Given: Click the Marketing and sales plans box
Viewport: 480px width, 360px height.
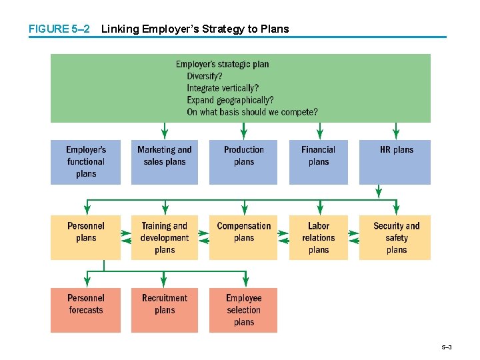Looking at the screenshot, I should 164,161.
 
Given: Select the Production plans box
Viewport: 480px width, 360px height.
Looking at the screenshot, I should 243,161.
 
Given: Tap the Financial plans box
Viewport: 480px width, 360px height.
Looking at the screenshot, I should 318,161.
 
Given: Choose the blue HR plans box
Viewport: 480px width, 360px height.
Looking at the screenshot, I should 396,161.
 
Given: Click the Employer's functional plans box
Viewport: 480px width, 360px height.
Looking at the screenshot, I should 85,161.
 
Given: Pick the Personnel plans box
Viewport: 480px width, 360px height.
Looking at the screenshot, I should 85,237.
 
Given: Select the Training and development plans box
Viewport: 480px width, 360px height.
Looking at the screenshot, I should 164,237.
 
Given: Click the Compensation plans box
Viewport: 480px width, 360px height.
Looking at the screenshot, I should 243,237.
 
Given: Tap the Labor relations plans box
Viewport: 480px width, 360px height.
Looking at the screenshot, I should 318,237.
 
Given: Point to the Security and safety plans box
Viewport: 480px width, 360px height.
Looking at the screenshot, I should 396,237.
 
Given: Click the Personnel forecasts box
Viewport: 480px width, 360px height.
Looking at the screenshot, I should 85,309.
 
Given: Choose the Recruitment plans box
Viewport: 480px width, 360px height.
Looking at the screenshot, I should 164,309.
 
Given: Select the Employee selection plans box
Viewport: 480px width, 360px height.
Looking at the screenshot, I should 243,309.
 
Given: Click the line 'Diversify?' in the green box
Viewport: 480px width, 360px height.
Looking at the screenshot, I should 205,76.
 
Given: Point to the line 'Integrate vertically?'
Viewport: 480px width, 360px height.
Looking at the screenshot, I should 223,88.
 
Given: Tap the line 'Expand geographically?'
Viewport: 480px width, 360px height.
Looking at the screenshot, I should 230,100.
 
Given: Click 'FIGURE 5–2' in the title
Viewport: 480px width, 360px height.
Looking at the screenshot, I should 58,29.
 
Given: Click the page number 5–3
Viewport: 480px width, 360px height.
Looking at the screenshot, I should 446,348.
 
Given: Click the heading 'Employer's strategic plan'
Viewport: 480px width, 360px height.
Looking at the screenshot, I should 222,64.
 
